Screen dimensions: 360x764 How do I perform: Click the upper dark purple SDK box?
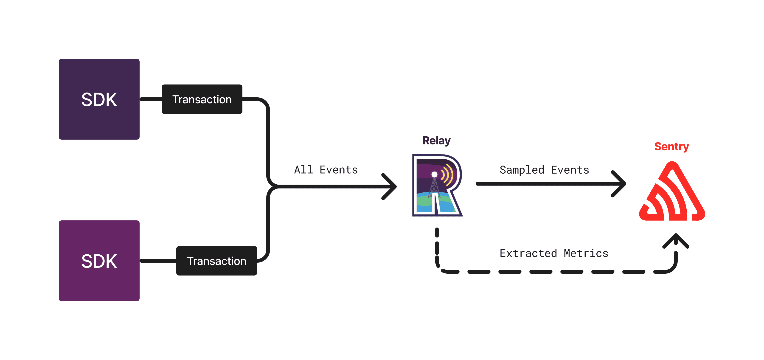[x=99, y=99]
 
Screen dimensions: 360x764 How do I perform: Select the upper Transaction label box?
[x=202, y=99]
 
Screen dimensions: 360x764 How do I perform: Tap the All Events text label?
[x=326, y=170]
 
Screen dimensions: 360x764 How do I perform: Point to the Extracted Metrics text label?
[x=554, y=253]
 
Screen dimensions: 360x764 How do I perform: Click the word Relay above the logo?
[x=436, y=141]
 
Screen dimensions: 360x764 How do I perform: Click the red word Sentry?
[x=671, y=146]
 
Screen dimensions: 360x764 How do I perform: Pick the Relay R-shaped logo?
[x=437, y=185]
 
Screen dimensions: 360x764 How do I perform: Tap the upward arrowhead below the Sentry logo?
[x=676, y=240]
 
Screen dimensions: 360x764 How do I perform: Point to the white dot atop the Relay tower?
[x=435, y=174]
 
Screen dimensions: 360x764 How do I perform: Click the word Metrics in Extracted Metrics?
[x=586, y=253]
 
